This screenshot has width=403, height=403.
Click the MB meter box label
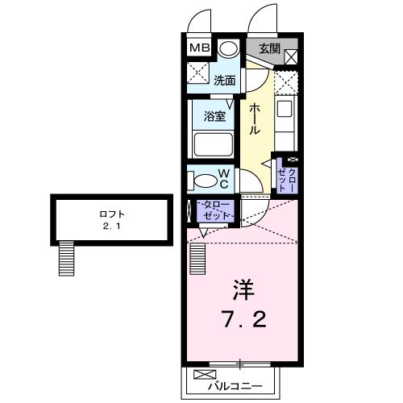200,48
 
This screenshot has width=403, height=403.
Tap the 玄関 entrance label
269,48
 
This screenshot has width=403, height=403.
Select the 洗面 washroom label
225,81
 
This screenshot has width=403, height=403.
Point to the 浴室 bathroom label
214,116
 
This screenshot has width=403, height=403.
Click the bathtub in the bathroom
214,144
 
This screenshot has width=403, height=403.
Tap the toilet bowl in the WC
203,181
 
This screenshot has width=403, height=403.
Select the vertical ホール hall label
255,119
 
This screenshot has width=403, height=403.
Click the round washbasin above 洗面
229,48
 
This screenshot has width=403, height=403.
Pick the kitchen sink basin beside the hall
285,108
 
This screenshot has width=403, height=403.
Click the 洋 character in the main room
243,290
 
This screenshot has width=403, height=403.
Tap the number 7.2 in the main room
243,319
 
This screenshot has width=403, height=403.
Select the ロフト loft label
112,214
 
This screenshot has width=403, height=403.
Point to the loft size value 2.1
111,226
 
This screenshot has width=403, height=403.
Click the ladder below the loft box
66,258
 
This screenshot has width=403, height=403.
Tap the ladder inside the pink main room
197,259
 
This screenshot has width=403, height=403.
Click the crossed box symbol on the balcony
205,374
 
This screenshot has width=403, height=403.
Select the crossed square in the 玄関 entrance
291,56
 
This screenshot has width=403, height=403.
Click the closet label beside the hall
287,179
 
